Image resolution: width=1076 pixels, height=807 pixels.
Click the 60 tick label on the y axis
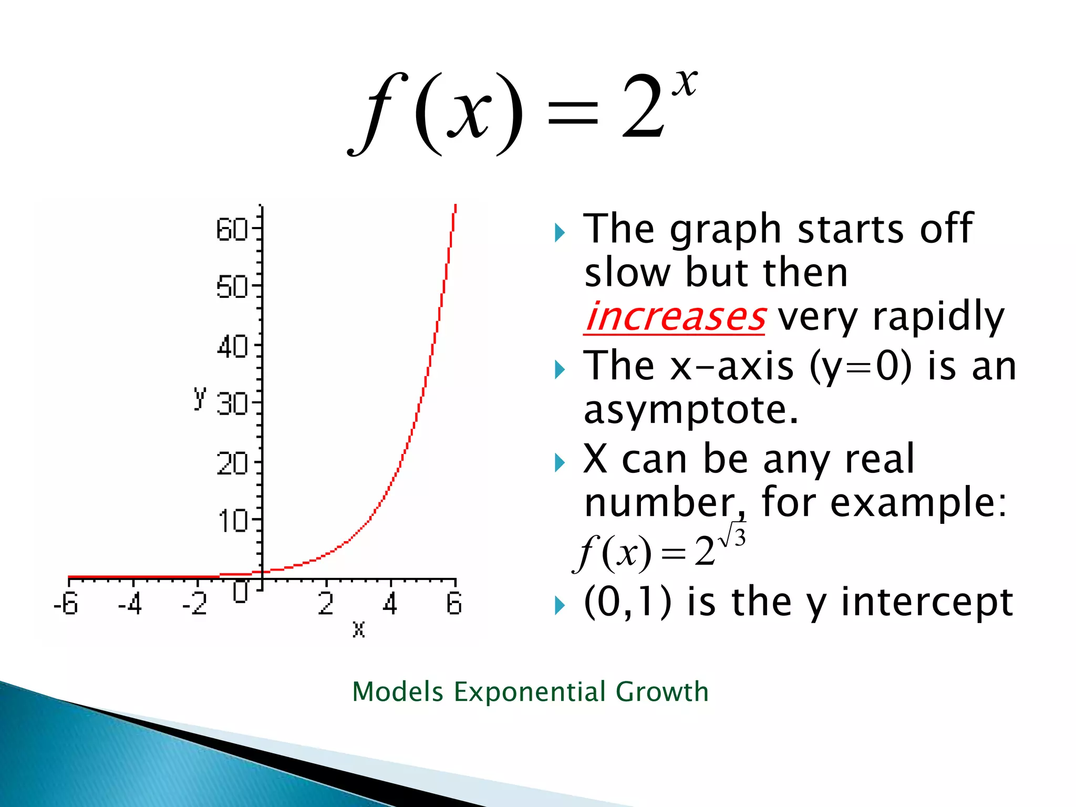[x=231, y=230]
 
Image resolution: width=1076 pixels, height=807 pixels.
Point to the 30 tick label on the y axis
[x=232, y=405]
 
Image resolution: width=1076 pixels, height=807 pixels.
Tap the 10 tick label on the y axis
[x=232, y=521]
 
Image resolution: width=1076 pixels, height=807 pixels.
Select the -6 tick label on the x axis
[x=66, y=604]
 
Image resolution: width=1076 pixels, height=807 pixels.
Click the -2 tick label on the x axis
[x=194, y=604]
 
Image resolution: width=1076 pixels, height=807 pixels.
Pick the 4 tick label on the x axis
[x=390, y=604]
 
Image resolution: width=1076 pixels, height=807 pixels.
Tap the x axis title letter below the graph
[x=359, y=629]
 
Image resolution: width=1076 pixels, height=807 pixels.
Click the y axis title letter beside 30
[x=200, y=398]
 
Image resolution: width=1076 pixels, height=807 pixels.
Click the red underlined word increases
[x=675, y=317]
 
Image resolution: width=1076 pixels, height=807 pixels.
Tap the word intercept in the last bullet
[x=927, y=602]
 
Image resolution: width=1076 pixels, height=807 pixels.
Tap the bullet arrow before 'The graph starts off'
[x=560, y=232]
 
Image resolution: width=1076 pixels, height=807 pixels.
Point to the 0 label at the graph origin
[x=241, y=592]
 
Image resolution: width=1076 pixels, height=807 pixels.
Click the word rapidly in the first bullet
[x=938, y=317]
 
